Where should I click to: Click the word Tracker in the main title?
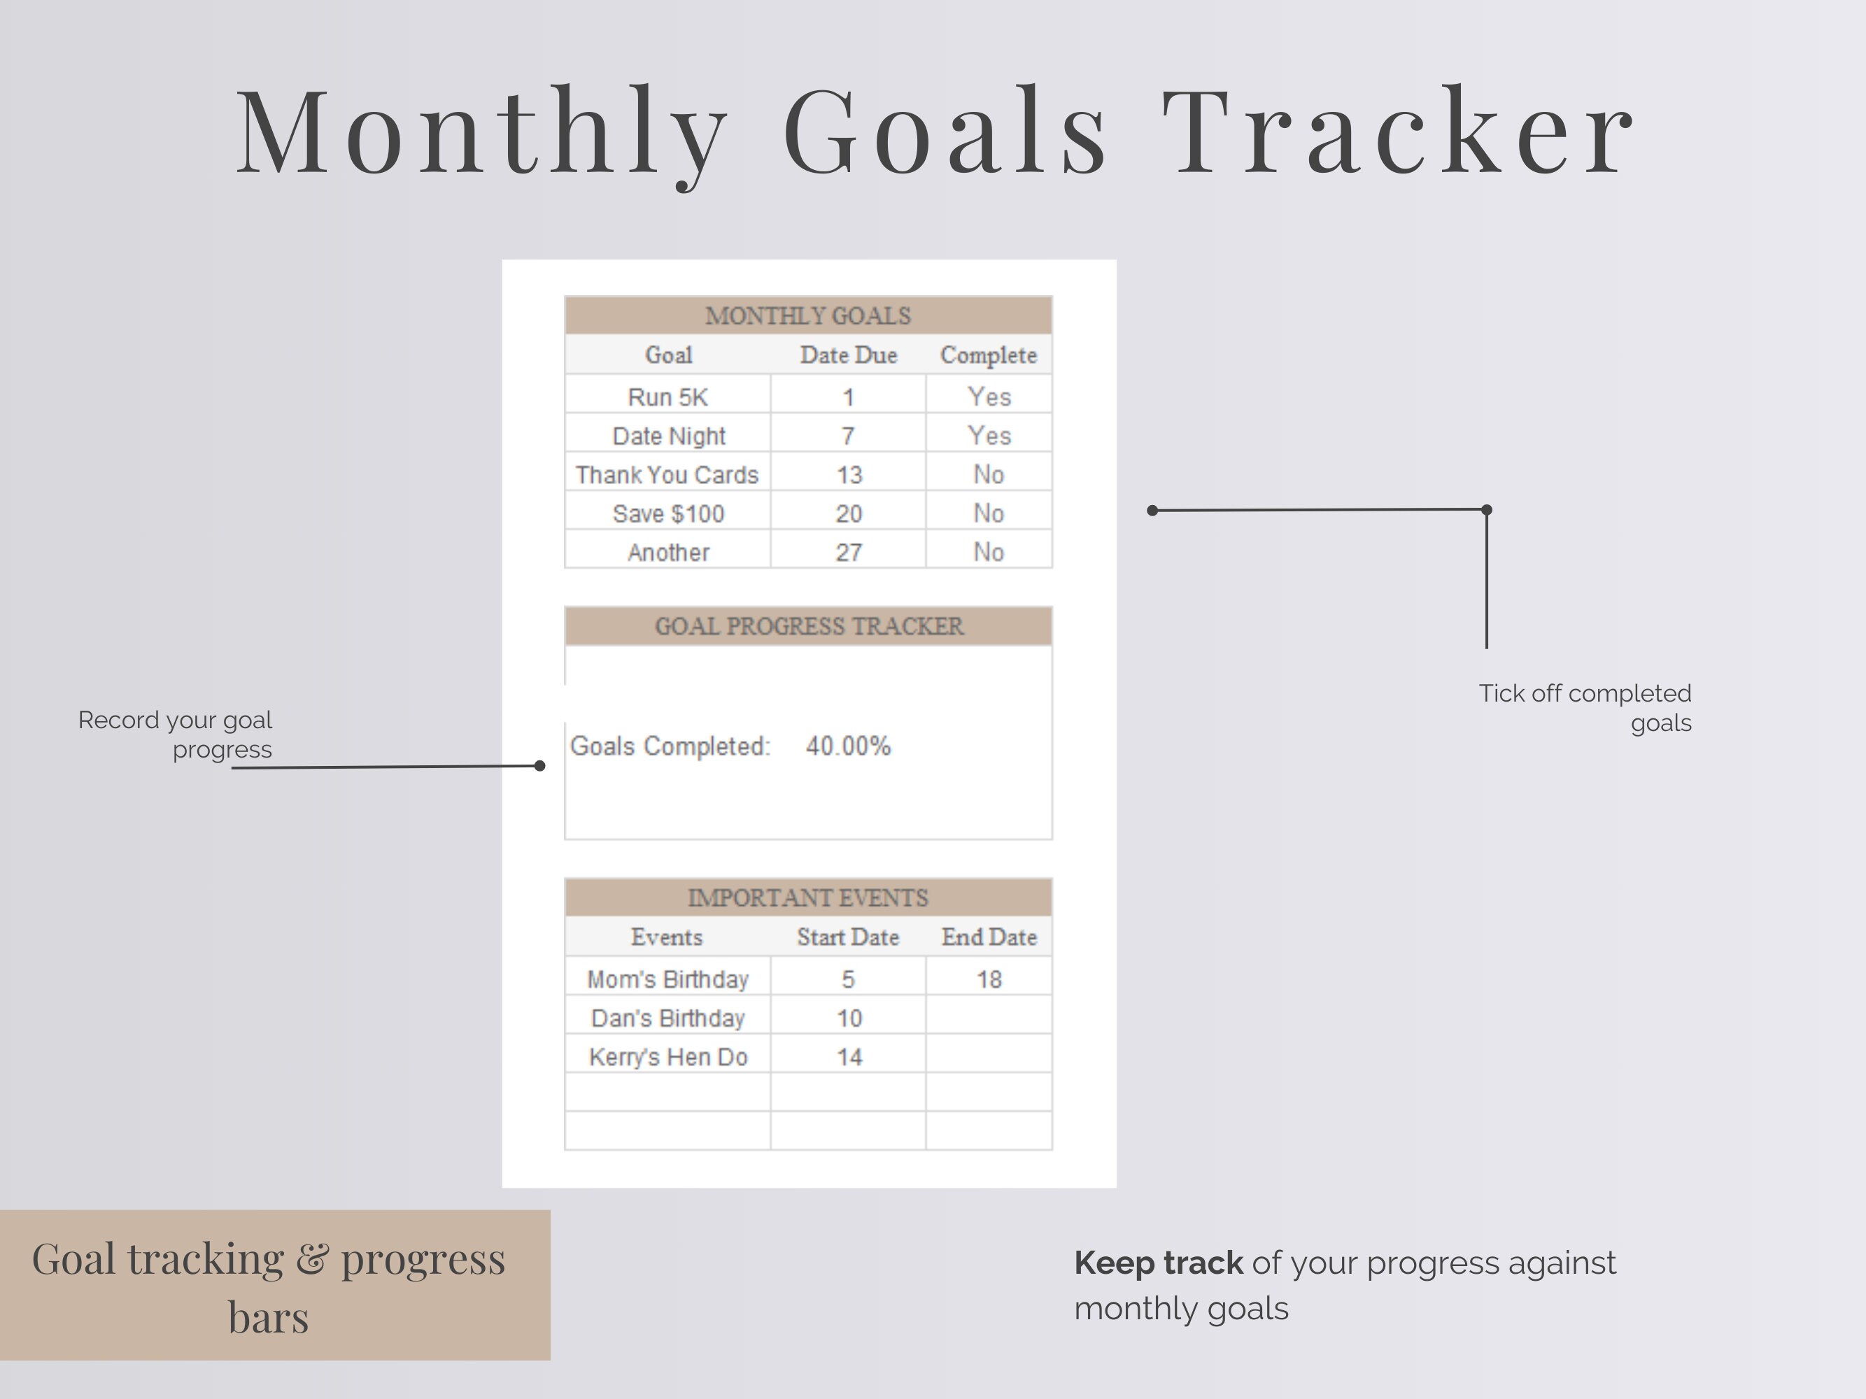[1400, 132]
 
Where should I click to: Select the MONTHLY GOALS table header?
[808, 315]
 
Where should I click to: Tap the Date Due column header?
[848, 355]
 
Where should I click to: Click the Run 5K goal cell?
[667, 397]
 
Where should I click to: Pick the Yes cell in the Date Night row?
[989, 435]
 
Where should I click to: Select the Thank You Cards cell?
[667, 475]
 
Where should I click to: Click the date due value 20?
[848, 513]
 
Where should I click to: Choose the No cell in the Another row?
[989, 553]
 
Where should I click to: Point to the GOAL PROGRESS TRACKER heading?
[808, 626]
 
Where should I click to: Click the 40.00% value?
[848, 746]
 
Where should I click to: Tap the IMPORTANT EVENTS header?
[808, 897]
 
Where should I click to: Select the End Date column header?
[989, 937]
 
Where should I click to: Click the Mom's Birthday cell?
[667, 979]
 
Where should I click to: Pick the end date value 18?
[989, 979]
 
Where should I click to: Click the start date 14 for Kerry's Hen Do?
[848, 1057]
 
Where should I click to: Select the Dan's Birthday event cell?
[667, 1018]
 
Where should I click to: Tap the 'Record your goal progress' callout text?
[176, 734]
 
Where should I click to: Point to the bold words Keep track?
[1157, 1263]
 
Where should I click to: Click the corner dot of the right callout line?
[1486, 509]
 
